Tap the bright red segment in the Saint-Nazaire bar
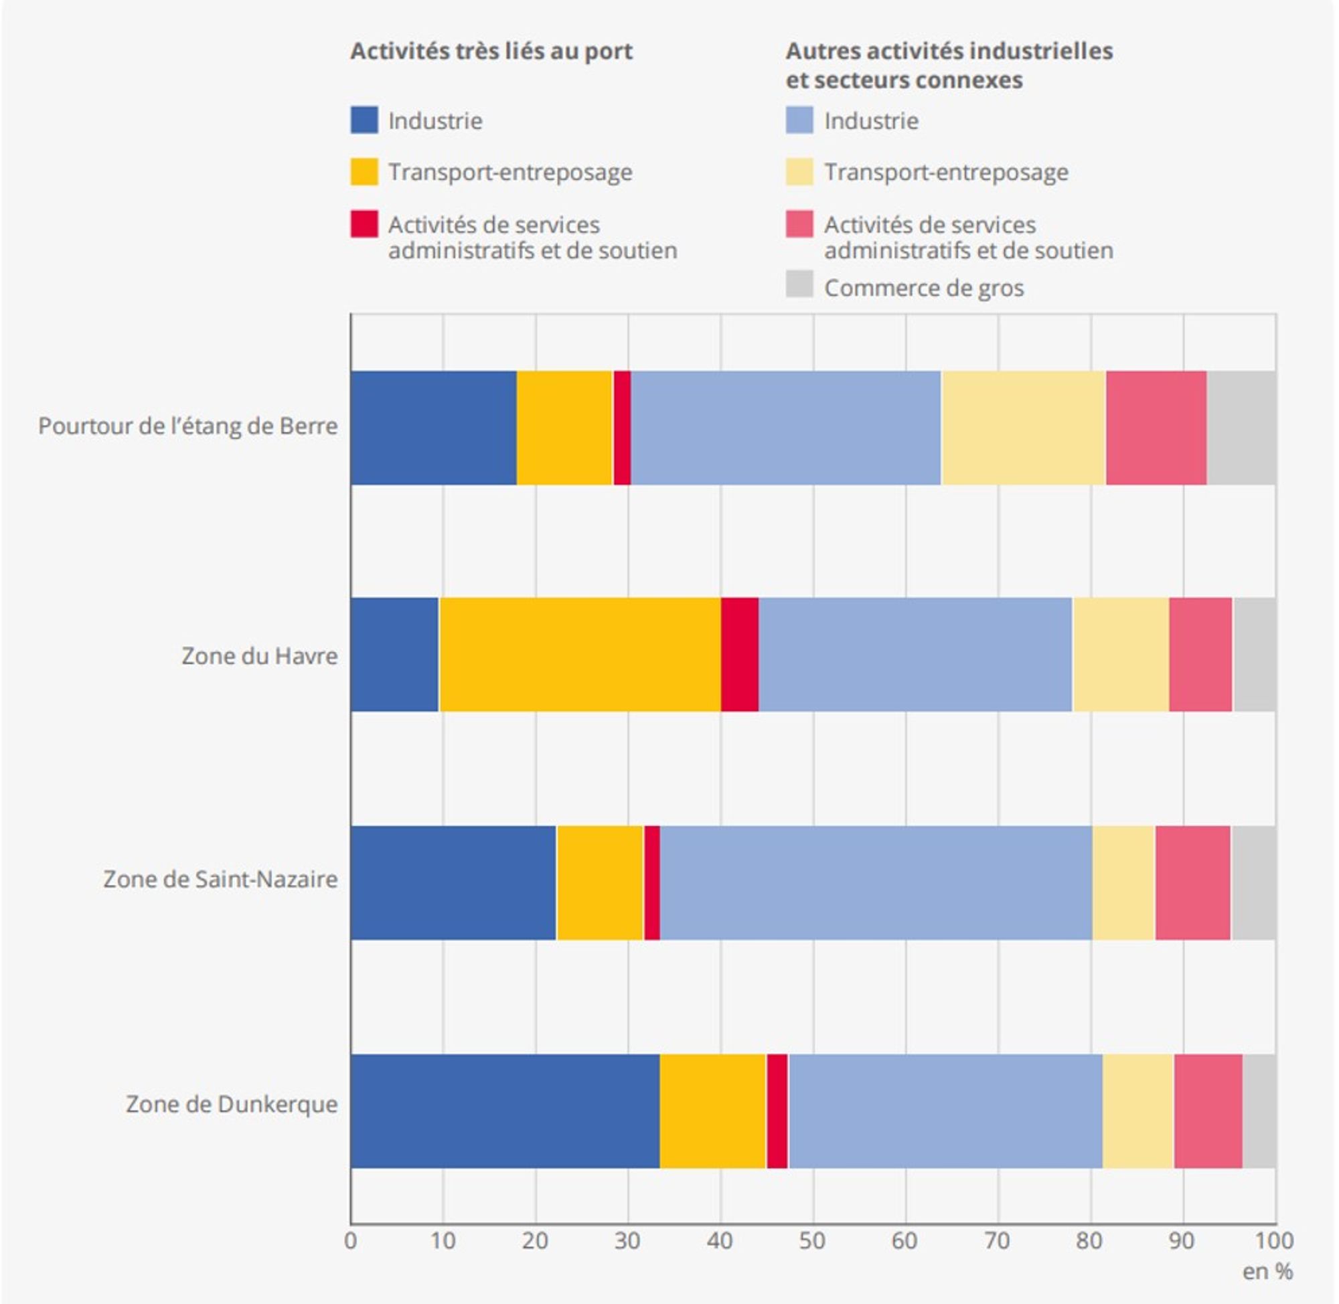pos(651,882)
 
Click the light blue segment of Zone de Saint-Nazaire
pos(875,882)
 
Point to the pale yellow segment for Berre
pos(1023,428)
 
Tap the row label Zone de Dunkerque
pos(232,1104)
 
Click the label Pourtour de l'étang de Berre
pos(187,426)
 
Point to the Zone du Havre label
pos(260,656)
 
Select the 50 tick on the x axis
pos(812,1240)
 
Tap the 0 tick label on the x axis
pos(351,1240)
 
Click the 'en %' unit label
pos(1267,1271)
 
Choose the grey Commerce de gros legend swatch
pos(799,284)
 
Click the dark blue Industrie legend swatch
pos(364,120)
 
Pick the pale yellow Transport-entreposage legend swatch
pos(799,171)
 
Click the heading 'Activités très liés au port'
pos(491,52)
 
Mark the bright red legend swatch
pos(364,224)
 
